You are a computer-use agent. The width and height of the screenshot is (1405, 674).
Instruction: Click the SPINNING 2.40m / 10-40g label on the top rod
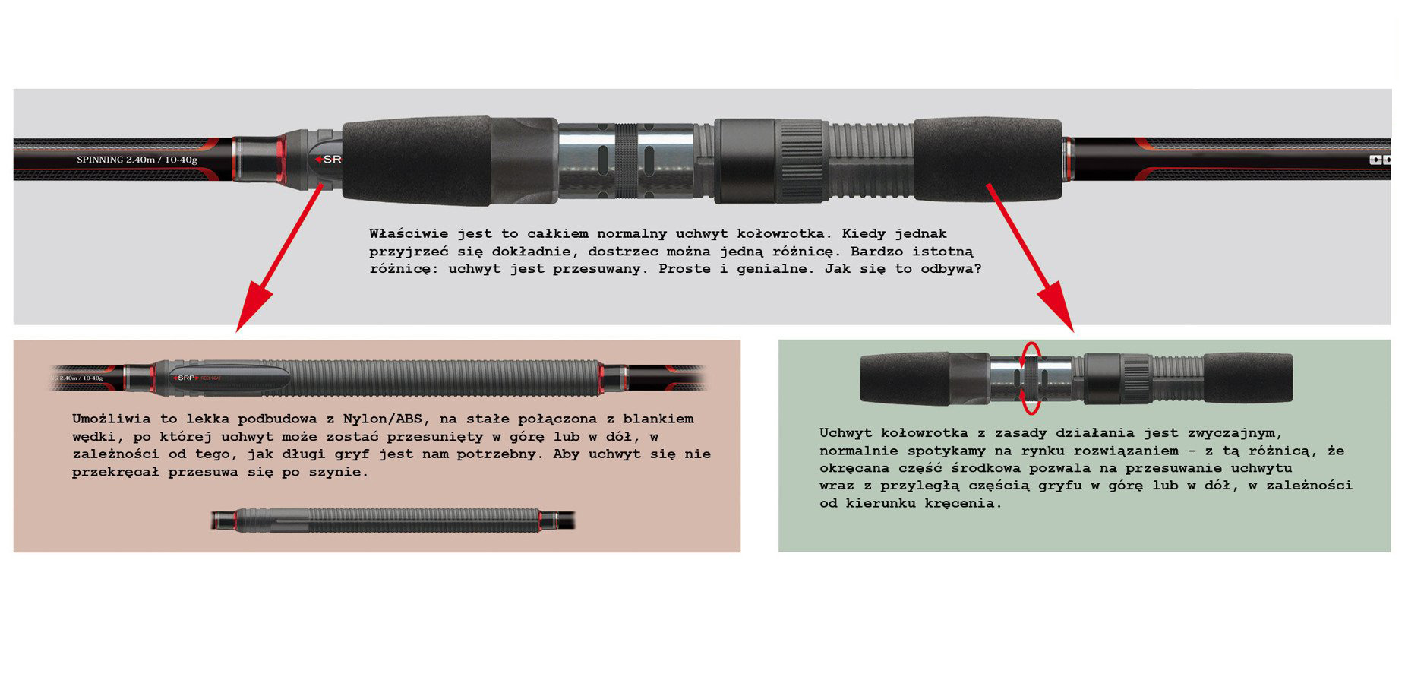coord(137,160)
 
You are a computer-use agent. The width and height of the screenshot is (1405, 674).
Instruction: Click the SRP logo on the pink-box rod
coord(186,377)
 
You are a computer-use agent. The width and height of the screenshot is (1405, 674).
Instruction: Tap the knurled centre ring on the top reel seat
coord(626,160)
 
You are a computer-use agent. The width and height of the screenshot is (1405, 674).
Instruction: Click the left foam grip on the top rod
coord(415,160)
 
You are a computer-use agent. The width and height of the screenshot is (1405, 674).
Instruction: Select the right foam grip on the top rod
coord(987,159)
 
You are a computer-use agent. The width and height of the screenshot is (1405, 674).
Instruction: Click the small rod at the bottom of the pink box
coord(393,520)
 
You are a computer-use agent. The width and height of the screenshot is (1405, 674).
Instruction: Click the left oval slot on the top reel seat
coord(601,162)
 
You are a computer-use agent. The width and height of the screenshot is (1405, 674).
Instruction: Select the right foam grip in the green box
coord(1248,378)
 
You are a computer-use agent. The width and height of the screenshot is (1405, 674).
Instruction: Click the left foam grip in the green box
coord(905,378)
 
